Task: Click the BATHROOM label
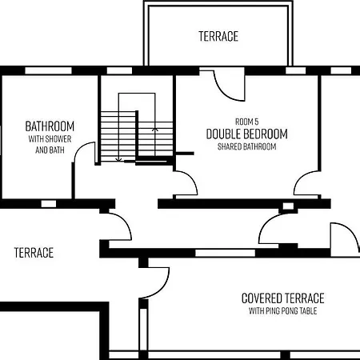[50, 126]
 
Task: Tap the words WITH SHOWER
[50, 139]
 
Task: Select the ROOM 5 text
[246, 122]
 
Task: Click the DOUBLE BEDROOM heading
[247, 134]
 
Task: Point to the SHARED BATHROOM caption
[246, 146]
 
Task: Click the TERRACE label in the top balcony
[218, 36]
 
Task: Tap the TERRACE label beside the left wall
[34, 253]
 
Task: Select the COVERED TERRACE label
[283, 298]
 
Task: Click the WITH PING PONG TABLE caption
[283, 311]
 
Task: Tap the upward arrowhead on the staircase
[155, 130]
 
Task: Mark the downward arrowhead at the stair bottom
[118, 160]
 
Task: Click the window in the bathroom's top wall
[48, 70]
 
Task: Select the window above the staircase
[119, 70]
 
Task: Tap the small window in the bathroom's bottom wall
[49, 204]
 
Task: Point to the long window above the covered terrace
[226, 253]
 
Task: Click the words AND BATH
[50, 150]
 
